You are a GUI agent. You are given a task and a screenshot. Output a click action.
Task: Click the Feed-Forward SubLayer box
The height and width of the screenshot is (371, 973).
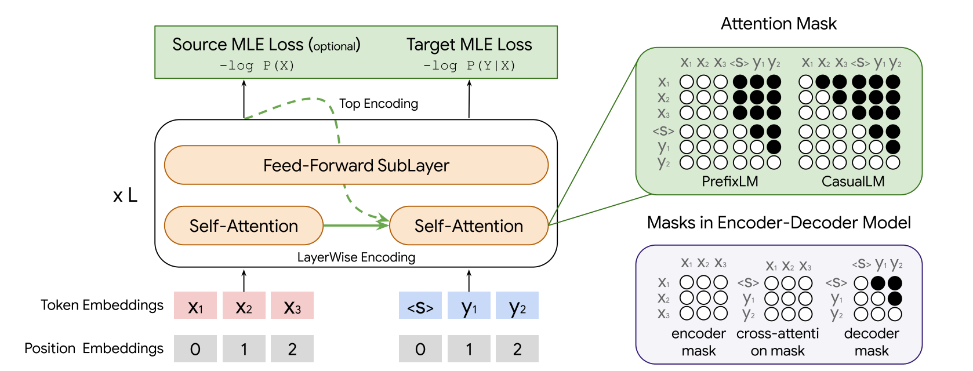356,165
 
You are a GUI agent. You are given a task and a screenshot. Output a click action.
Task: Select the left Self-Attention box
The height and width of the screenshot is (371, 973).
244,225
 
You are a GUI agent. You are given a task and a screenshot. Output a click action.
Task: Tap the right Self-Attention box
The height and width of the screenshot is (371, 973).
469,225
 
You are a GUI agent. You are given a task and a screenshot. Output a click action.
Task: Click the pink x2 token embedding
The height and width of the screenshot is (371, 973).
244,305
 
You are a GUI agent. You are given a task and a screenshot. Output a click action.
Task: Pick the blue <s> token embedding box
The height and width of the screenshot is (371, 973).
420,305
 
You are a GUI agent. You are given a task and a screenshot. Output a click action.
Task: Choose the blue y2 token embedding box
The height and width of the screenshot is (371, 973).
517,305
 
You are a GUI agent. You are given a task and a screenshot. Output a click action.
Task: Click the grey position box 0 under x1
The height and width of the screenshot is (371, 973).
195,348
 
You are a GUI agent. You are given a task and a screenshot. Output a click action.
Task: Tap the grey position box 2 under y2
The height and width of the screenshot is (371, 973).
517,348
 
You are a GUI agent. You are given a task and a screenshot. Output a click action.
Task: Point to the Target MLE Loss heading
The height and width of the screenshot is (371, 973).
469,45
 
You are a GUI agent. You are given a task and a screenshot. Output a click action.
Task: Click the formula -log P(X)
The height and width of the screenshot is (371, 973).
257,66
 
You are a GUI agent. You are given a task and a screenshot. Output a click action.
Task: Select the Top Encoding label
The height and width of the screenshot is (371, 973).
378,104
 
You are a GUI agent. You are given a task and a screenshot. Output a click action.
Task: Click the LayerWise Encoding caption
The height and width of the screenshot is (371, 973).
356,257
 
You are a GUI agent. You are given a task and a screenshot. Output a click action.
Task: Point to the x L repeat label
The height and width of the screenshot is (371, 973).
125,196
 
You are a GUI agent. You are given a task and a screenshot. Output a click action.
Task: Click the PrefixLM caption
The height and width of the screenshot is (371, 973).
729,181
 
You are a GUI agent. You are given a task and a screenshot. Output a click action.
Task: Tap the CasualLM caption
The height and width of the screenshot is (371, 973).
852,181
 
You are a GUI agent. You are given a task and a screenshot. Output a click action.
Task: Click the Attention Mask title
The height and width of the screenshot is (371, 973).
778,24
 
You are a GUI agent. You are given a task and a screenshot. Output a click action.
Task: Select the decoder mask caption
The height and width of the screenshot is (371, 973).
871,342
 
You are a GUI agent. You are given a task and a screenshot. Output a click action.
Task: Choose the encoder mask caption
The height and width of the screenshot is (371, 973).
698,342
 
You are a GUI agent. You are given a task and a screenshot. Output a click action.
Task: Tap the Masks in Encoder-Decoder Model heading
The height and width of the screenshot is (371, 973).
778,223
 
